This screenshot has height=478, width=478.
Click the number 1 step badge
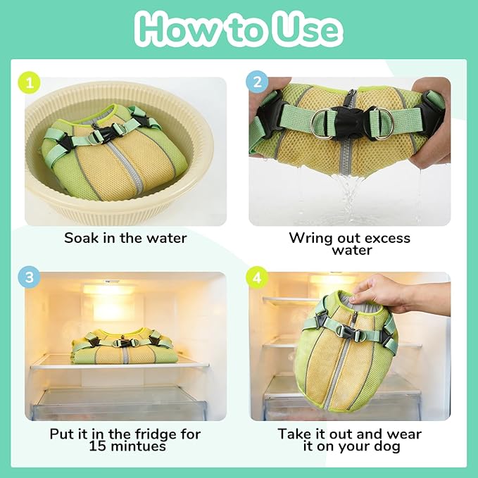coord(30,82)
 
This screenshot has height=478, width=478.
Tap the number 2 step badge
coord(257,82)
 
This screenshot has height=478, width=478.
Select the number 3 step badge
coord(30,277)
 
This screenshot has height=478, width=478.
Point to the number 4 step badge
coord(257,277)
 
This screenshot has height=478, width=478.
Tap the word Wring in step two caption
coord(308,239)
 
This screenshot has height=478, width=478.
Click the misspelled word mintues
coord(139,446)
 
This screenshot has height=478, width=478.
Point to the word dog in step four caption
coord(387,447)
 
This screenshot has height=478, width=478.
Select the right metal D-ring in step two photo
coord(382,123)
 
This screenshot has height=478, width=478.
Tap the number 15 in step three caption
coord(98,446)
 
